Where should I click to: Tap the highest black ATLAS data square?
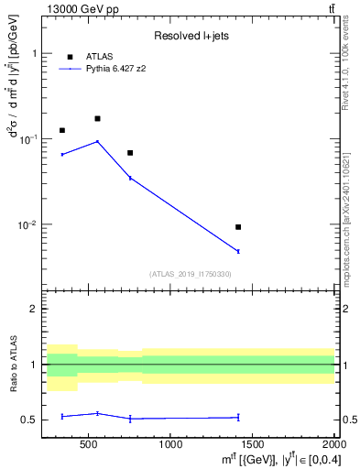click(97, 118)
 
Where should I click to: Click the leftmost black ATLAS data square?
click(62, 130)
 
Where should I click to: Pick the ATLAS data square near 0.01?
click(238, 226)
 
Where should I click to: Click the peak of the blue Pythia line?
click(97, 141)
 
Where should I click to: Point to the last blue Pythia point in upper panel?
click(238, 251)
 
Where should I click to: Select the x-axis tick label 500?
click(89, 444)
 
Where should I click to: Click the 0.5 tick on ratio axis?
click(30, 420)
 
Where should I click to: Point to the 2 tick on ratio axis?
click(34, 309)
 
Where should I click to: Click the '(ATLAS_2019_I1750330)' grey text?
click(191, 274)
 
